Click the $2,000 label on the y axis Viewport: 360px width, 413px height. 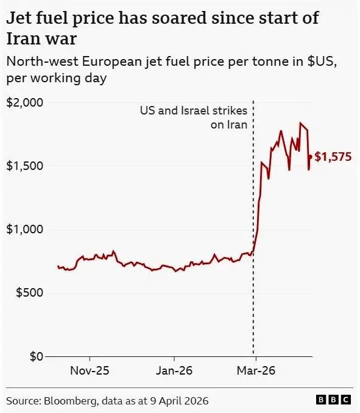click(24, 102)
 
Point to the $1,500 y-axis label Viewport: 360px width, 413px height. click(24, 166)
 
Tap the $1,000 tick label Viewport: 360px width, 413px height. click(24, 230)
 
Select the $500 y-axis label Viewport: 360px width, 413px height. click(29, 292)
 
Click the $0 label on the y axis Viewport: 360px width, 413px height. click(37, 356)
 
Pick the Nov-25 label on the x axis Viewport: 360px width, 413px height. click(90, 371)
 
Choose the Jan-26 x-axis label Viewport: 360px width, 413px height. click(174, 371)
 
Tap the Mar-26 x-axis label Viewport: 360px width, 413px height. click(256, 371)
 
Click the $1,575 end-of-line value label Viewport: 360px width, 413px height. click(333, 157)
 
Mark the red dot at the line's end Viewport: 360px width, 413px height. click(310, 157)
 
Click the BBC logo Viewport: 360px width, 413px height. click(333, 400)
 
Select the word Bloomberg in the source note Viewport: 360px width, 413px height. click(70, 401)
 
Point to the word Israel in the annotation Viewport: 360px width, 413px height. click(195, 111)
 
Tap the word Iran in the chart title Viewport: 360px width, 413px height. click(22, 39)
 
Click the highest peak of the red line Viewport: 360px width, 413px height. click(300, 122)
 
